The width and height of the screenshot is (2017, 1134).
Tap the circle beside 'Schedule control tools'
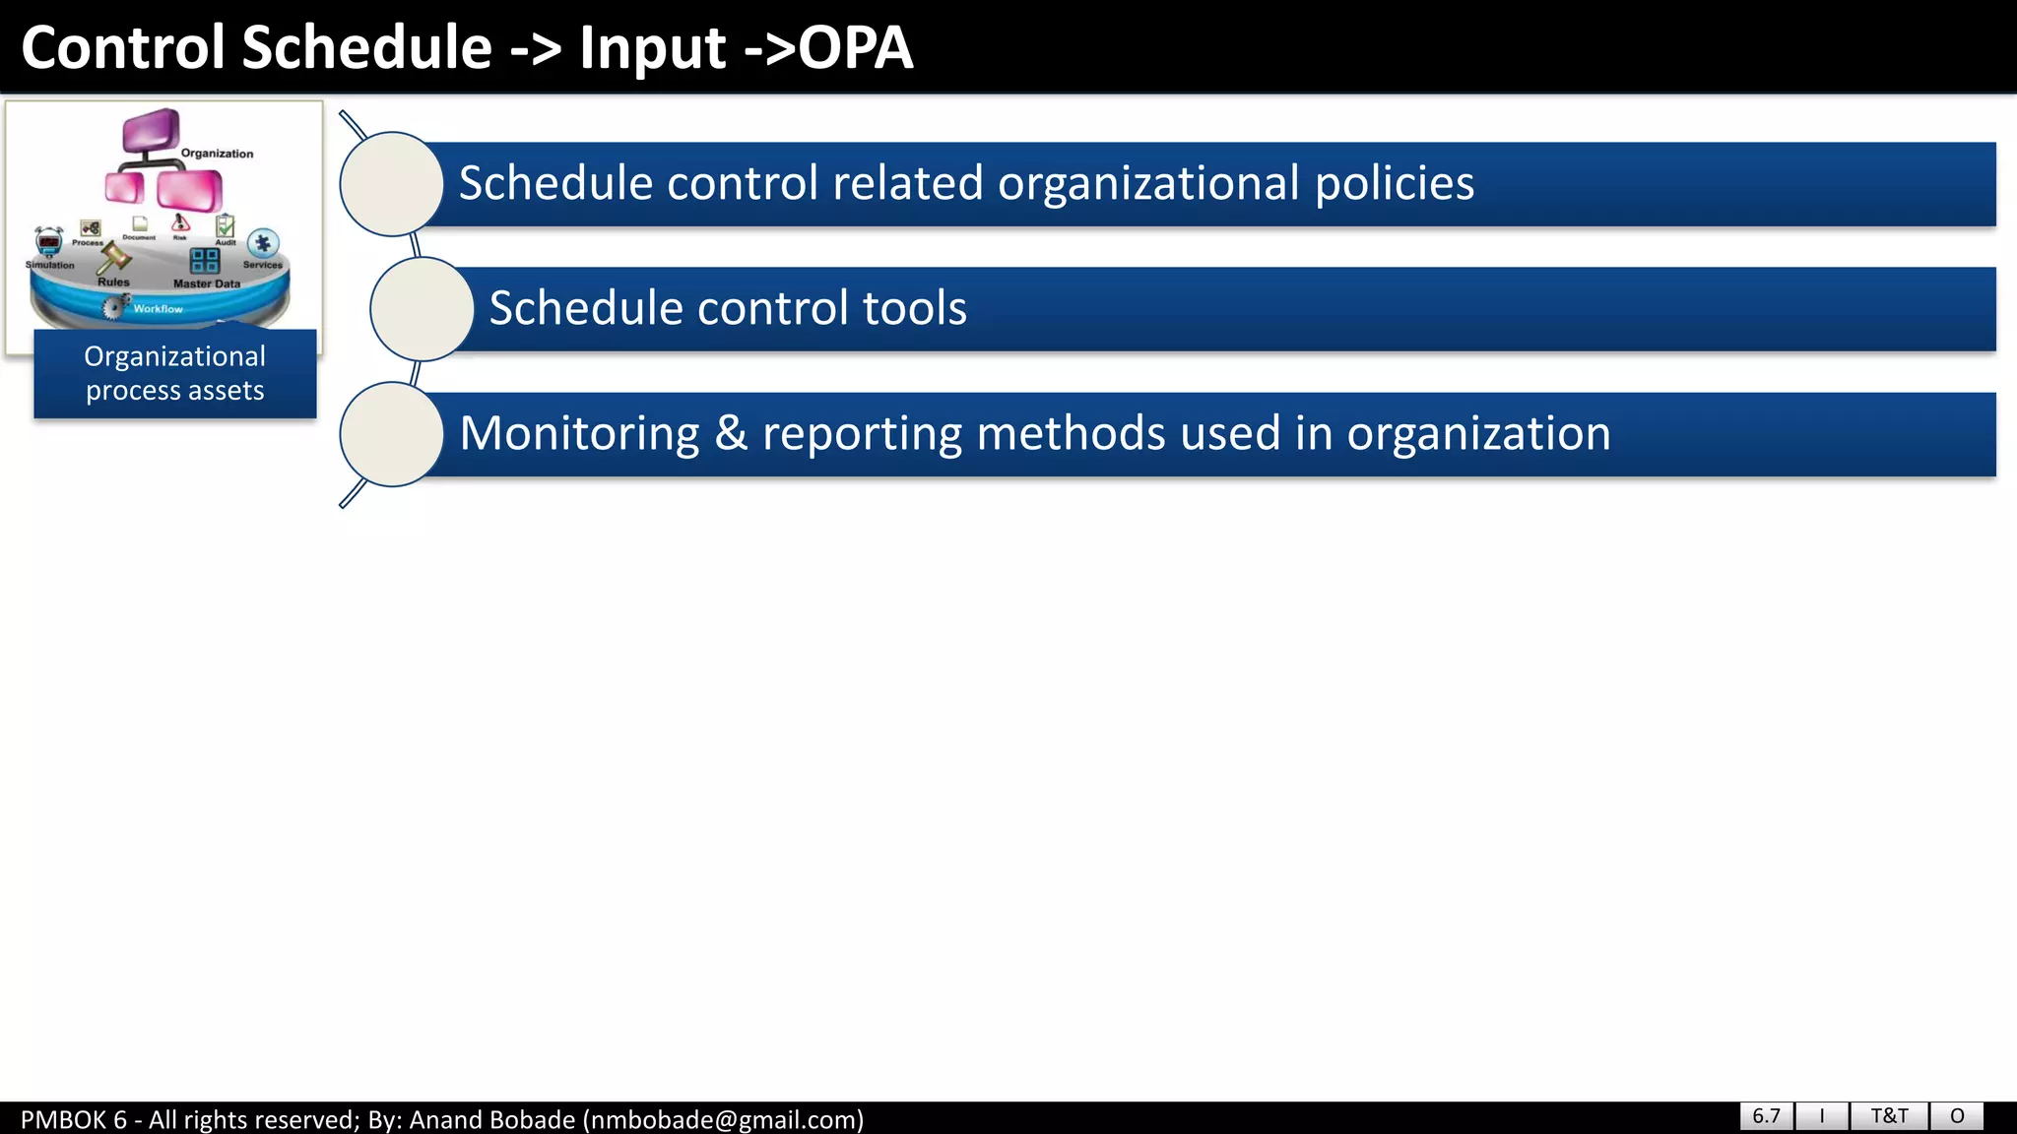pyautogui.click(x=423, y=309)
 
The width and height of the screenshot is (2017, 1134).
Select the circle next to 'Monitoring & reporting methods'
pyautogui.click(x=392, y=434)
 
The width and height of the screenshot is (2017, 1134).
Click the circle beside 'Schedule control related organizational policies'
pyautogui.click(x=392, y=184)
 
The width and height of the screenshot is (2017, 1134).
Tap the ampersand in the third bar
pyautogui.click(x=731, y=433)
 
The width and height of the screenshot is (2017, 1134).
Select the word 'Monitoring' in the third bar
pyautogui.click(x=579, y=433)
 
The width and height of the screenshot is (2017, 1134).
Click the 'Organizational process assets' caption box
pyautogui.click(x=175, y=374)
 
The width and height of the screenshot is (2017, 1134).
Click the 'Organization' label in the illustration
pyautogui.click(x=217, y=154)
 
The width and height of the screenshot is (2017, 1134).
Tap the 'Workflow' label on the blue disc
pyautogui.click(x=158, y=309)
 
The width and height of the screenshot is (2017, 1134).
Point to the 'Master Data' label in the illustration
pyautogui.click(x=207, y=283)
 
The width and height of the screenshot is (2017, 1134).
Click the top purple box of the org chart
pyautogui.click(x=151, y=130)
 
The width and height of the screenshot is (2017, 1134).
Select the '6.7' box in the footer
pyautogui.click(x=1766, y=1116)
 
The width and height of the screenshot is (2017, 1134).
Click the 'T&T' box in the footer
pyautogui.click(x=1889, y=1116)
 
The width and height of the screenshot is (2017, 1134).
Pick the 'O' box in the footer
pyautogui.click(x=1957, y=1116)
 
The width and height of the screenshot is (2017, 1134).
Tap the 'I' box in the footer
pyautogui.click(x=1822, y=1116)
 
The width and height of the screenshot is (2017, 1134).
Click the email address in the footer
pyautogui.click(x=723, y=1120)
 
